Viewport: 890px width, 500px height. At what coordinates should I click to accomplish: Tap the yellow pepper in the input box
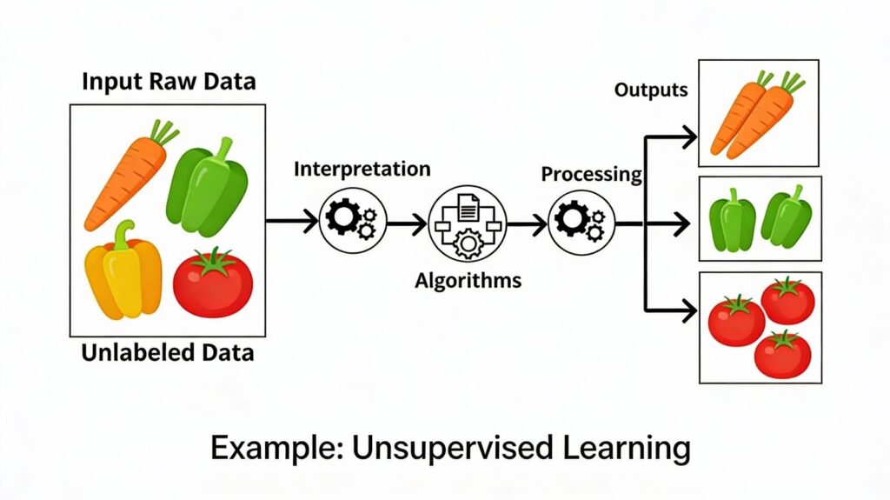click(123, 270)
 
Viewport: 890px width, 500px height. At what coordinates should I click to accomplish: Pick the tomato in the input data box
click(213, 282)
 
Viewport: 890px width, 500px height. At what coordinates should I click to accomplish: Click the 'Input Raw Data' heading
click(169, 83)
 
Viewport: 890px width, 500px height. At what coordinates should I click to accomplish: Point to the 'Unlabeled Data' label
click(168, 353)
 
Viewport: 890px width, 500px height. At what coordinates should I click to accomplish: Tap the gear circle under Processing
click(581, 222)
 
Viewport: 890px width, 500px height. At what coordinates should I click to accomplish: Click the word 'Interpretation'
click(362, 168)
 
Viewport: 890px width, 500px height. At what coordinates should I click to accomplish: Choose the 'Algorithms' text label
click(468, 280)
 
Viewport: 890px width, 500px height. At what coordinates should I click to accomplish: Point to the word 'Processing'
click(591, 174)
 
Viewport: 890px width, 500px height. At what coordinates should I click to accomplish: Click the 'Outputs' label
click(651, 90)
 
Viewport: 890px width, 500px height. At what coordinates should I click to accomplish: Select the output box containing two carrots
click(758, 113)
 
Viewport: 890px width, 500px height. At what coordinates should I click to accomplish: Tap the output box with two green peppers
click(760, 218)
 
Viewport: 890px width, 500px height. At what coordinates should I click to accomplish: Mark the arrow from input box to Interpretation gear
click(292, 222)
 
